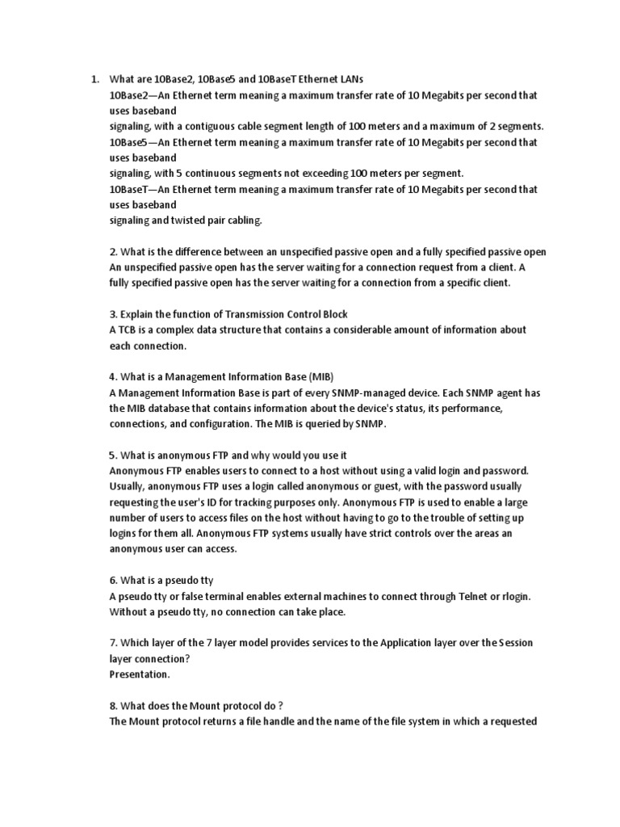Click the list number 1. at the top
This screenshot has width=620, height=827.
click(x=94, y=79)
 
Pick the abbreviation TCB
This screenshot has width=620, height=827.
click(x=129, y=330)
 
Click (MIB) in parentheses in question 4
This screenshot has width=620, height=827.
click(x=320, y=377)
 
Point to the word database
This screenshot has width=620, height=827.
click(x=166, y=409)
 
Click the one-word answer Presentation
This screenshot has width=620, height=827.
click(x=140, y=674)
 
